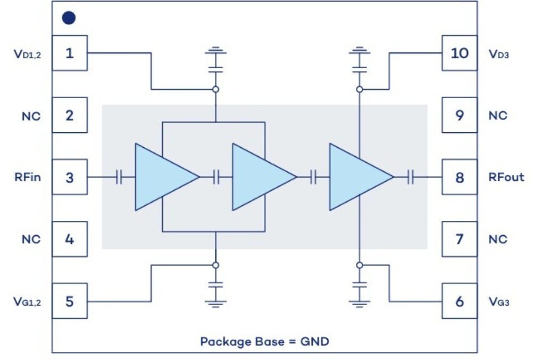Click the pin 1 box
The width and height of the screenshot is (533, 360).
point(70,53)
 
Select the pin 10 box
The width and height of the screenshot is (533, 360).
point(459,53)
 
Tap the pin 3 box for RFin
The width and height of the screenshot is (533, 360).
point(70,177)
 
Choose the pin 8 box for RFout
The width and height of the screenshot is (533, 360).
point(459,177)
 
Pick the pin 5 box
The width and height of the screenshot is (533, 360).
point(70,301)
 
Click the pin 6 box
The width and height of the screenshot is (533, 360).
point(459,301)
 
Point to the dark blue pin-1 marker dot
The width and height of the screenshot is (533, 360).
point(69,18)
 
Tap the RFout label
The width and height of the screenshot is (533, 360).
point(506,178)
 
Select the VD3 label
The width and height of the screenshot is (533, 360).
point(500,54)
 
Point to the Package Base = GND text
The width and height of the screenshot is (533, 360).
point(264,341)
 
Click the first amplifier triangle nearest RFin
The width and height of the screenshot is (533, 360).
point(163,177)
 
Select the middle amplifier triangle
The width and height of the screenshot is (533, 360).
point(260,177)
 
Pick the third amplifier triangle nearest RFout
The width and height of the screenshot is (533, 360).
point(357,177)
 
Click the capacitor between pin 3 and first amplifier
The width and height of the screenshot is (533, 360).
point(119,177)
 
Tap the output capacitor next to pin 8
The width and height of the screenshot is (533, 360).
point(411,177)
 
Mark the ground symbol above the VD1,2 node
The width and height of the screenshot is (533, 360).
point(216,53)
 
